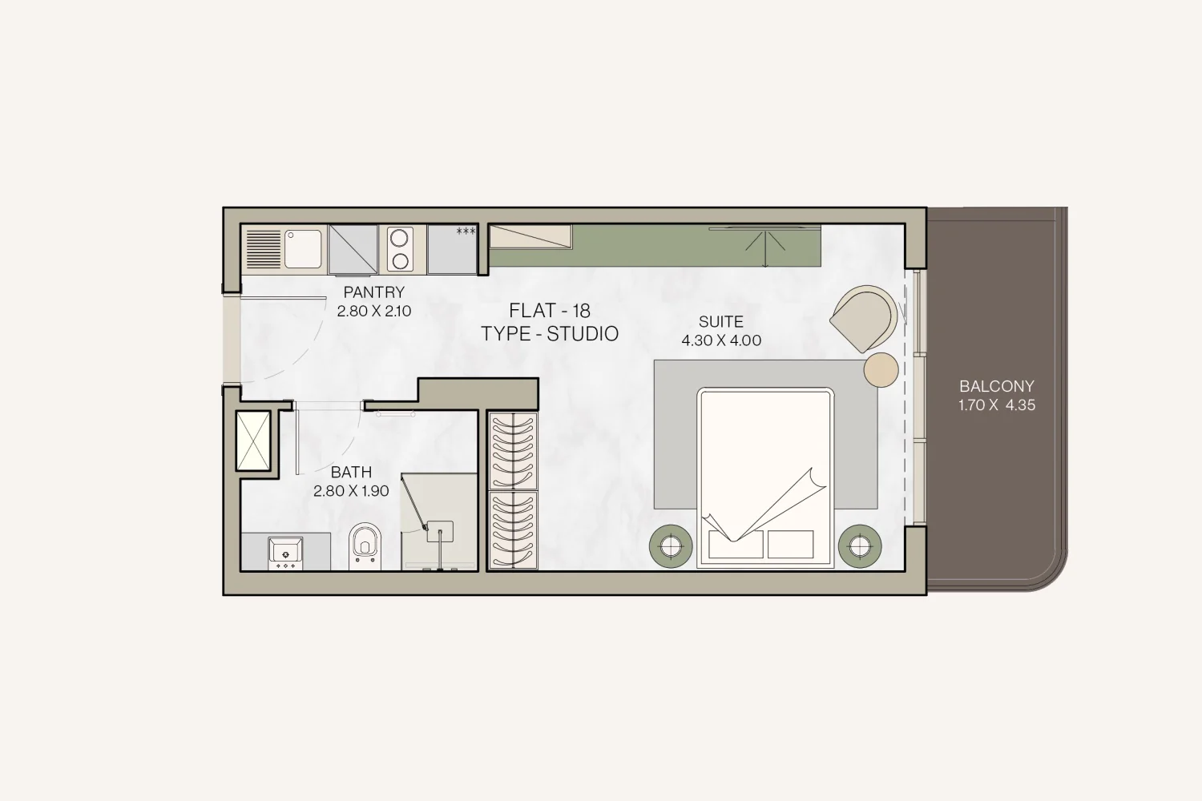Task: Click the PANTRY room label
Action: (x=374, y=292)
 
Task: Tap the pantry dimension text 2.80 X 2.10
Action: (x=374, y=311)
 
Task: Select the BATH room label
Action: (x=352, y=472)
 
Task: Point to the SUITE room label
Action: (x=720, y=322)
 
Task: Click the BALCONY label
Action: (x=997, y=386)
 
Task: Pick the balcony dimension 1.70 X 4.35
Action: (x=997, y=405)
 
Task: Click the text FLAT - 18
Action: (x=550, y=311)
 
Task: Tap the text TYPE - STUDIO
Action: (x=550, y=334)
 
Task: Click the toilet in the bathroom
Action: (x=365, y=545)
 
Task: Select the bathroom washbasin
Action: (x=285, y=553)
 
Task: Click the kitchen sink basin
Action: (x=303, y=249)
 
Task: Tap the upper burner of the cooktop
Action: (x=399, y=238)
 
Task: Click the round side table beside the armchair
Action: (x=881, y=369)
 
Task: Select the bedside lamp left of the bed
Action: (x=671, y=546)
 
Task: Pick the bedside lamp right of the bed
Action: (x=860, y=546)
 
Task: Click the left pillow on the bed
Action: (x=736, y=544)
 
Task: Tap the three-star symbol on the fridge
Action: (x=466, y=231)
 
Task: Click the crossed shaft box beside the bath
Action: (x=253, y=441)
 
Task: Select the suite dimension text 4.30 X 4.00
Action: (x=720, y=340)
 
